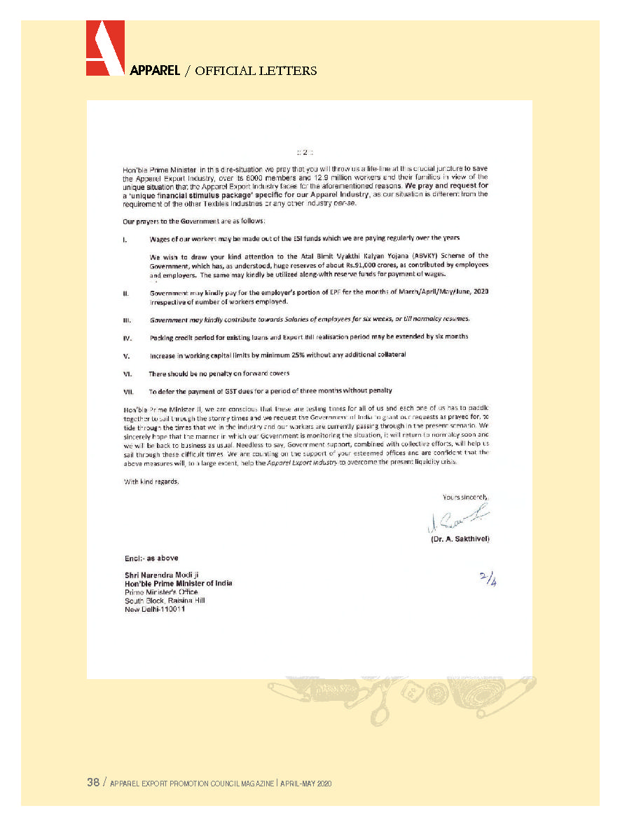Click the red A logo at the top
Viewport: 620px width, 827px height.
[105, 48]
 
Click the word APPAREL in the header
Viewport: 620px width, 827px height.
[154, 71]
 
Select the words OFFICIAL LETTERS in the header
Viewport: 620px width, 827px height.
[256, 71]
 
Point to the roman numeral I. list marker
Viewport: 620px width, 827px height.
[125, 239]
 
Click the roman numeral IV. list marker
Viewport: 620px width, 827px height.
[127, 337]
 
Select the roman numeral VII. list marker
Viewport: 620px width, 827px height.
[128, 390]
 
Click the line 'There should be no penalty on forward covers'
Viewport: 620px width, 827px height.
[219, 373]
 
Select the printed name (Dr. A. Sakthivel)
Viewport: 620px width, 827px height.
[459, 539]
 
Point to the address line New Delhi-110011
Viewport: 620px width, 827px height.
[155, 608]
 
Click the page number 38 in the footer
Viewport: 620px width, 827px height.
[93, 783]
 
